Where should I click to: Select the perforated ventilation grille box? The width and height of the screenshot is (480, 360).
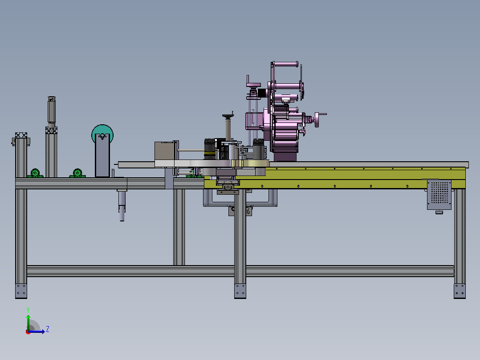pyautogui.click(x=439, y=195)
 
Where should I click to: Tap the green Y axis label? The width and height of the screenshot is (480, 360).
pyautogui.click(x=28, y=310)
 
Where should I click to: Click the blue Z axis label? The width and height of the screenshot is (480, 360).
pyautogui.click(x=48, y=329)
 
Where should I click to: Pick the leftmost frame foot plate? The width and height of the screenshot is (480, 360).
pyautogui.click(x=21, y=291)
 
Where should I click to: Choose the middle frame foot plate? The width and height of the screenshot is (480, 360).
pyautogui.click(x=240, y=291)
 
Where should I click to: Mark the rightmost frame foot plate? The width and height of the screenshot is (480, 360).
pyautogui.click(x=460, y=291)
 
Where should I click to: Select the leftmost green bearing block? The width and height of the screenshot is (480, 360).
pyautogui.click(x=35, y=173)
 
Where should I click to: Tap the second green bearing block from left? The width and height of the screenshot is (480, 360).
pyautogui.click(x=77, y=173)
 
